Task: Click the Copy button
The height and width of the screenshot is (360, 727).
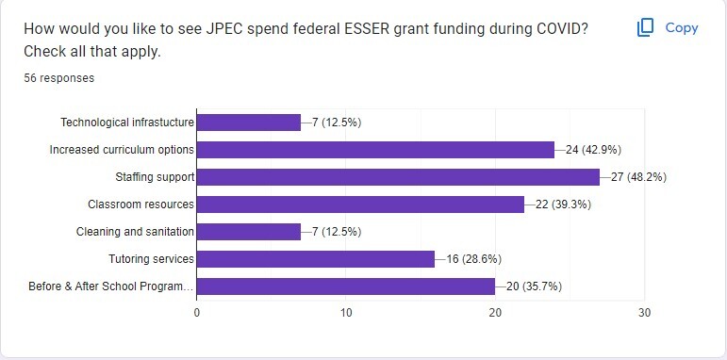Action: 668,28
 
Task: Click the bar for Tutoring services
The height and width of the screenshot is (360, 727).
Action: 316,259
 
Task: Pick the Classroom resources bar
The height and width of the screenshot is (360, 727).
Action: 360,204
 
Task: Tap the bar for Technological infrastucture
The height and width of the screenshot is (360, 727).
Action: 249,122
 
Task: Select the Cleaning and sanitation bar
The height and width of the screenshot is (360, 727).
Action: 249,232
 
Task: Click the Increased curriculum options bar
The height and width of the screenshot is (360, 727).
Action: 375,149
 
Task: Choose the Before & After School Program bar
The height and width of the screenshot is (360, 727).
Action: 346,286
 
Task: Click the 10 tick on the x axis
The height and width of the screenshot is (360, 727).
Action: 346,312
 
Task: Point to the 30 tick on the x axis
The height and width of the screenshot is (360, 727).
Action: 644,312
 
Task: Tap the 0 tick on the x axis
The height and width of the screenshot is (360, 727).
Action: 197,312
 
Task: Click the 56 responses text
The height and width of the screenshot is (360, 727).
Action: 59,78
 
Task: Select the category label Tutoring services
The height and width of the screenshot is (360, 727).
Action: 153,259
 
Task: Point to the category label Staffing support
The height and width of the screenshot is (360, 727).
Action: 155,176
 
